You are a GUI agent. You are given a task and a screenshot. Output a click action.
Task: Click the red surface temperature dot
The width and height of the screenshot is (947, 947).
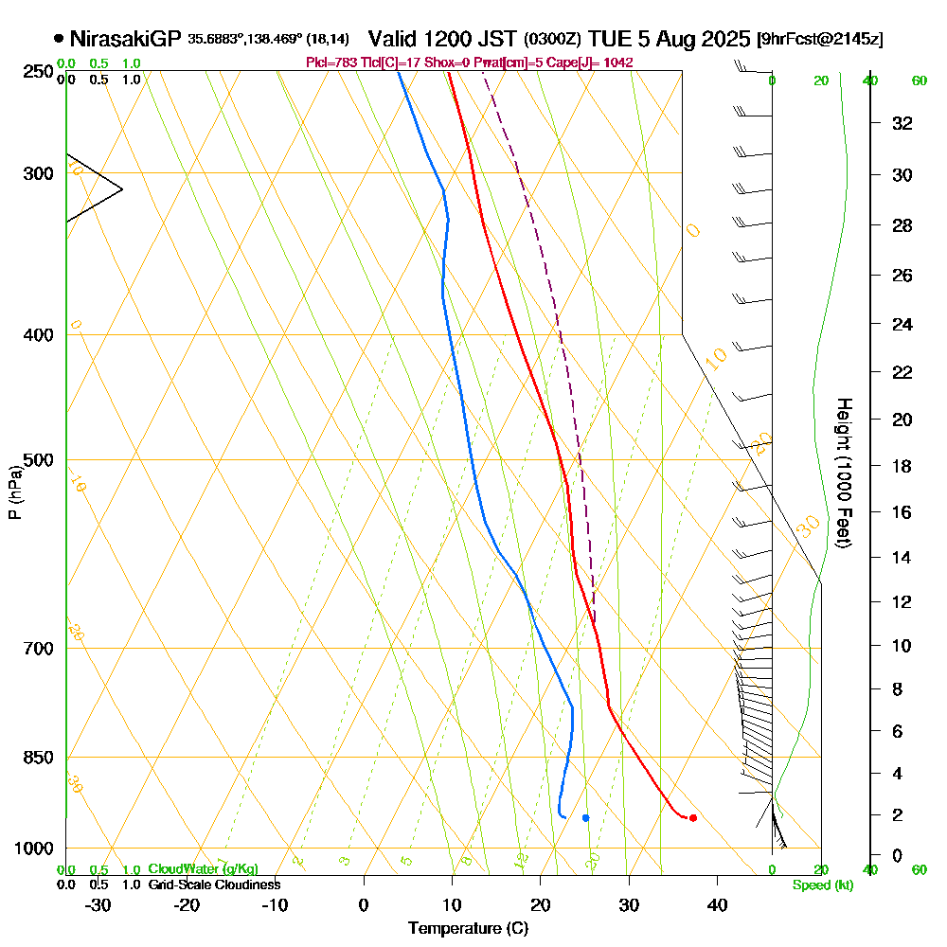693,817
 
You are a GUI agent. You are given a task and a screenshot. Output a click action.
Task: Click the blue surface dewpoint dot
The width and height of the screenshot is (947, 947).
585,817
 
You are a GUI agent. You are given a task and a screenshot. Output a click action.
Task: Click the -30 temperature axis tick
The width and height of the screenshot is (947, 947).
98,904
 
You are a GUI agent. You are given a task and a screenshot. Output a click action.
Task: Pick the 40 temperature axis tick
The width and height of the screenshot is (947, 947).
717,904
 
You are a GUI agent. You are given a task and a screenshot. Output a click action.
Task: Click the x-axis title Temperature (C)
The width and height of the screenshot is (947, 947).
468,929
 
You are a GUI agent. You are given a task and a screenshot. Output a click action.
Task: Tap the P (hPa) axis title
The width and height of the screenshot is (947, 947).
14,491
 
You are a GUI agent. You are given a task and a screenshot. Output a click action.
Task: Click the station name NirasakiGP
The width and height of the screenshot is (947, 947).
125,39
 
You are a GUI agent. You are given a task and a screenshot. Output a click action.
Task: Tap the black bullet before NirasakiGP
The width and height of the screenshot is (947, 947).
59,39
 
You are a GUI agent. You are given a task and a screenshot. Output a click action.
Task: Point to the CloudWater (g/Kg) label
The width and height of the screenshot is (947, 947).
203,869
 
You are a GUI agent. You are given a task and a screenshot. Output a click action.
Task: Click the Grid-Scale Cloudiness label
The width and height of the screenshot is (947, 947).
213,884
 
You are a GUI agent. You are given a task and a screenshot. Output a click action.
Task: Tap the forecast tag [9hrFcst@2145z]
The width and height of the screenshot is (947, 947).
820,40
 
